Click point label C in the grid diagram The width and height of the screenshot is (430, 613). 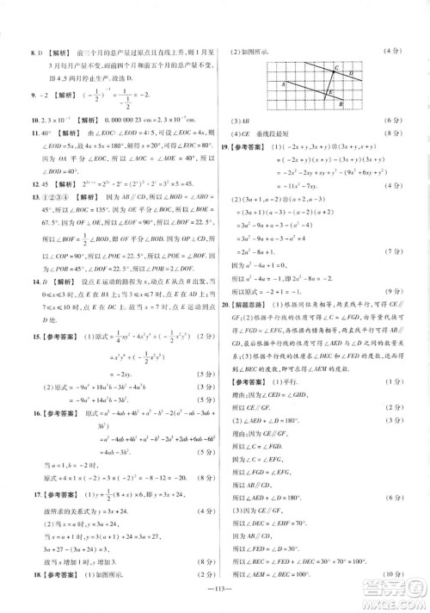click(x=335, y=66)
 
